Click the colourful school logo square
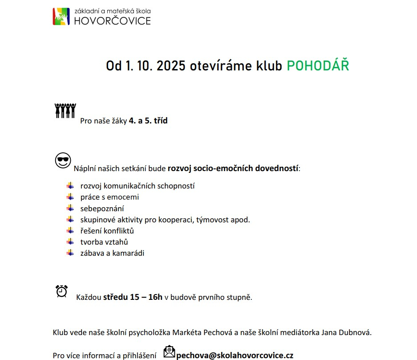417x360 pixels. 61,16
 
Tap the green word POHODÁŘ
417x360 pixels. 318,66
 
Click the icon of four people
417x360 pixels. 65,110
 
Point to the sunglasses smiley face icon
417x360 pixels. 63,160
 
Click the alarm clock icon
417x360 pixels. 62,291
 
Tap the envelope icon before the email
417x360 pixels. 170,352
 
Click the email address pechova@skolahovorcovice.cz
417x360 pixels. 235,355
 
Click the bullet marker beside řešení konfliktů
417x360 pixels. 70,230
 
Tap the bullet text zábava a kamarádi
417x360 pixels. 112,253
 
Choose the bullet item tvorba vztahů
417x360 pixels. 104,242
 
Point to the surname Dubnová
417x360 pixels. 355,332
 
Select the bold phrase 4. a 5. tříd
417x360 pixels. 148,120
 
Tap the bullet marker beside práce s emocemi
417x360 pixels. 70,196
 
